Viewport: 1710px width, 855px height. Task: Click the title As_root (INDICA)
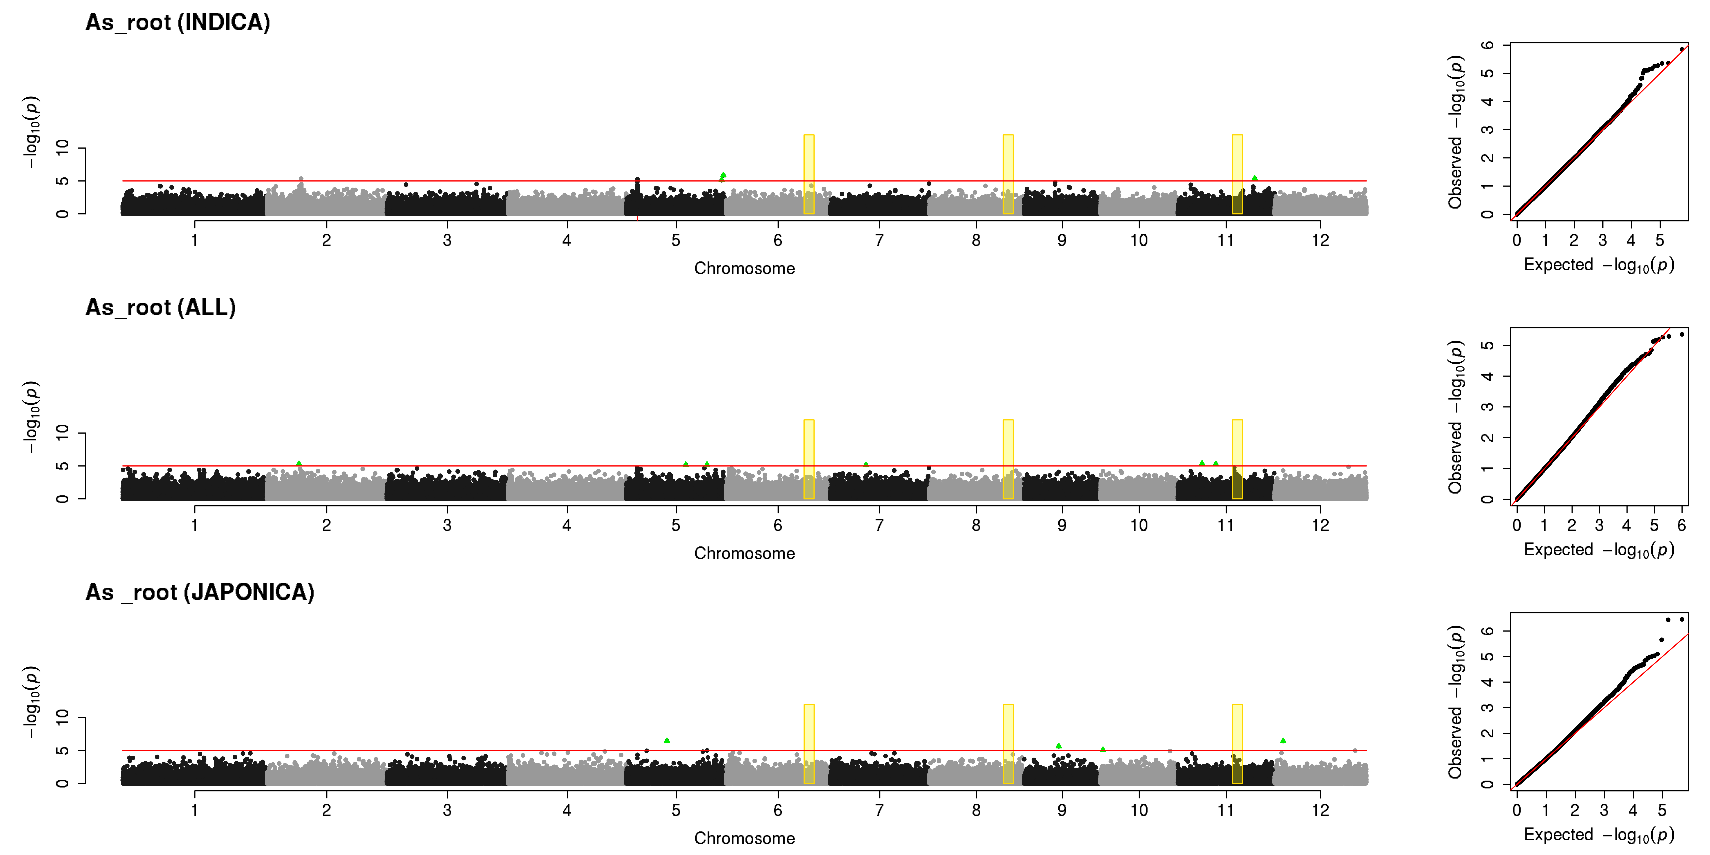178,23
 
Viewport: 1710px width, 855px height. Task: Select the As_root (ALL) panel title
161,307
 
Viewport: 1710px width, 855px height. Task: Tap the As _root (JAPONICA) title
200,592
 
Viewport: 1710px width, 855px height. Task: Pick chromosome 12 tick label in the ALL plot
1320,525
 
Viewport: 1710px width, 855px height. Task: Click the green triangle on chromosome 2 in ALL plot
299,463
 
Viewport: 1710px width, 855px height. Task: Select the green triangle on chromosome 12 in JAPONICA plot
1283,740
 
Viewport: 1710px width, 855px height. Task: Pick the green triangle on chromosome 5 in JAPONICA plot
667,740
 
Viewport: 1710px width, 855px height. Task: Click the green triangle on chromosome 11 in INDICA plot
1255,178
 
